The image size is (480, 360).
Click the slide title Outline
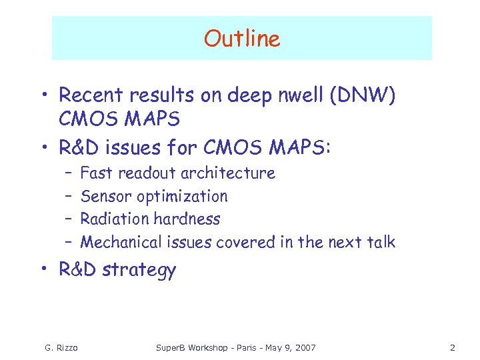coord(242,39)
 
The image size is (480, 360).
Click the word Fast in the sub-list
coord(96,173)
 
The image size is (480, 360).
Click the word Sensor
coord(106,196)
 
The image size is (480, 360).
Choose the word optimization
coord(182,197)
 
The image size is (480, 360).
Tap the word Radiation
coord(114,219)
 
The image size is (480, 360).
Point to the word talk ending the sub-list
coord(380,242)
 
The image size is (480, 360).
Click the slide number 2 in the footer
coord(452,348)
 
